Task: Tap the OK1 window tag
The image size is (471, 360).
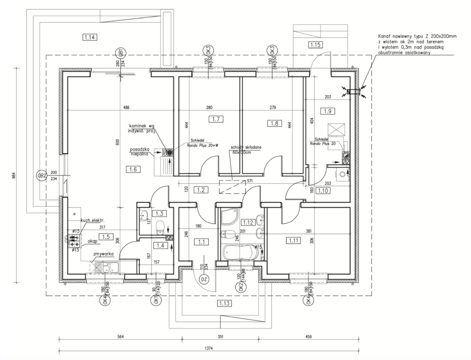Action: (x=155, y=301)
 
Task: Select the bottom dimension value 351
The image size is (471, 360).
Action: (x=220, y=337)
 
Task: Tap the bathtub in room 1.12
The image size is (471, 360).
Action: (x=238, y=252)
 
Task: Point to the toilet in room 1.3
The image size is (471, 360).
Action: (x=160, y=226)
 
